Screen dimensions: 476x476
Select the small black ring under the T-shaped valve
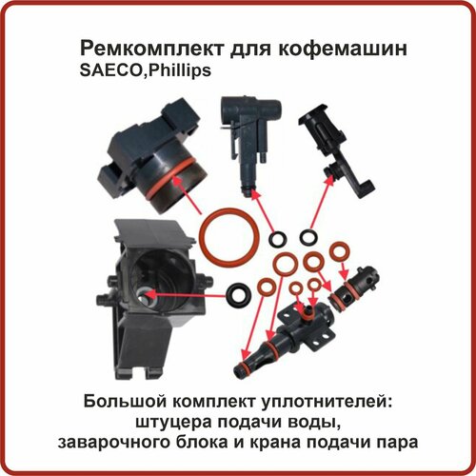pyautogui.click(x=278, y=237)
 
